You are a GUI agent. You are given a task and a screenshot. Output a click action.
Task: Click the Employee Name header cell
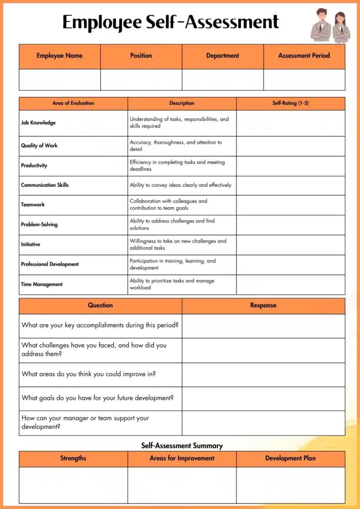pyautogui.click(x=60, y=56)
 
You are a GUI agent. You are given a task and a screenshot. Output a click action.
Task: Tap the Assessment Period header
pyautogui.click(x=304, y=56)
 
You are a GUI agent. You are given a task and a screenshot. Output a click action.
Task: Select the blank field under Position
pyautogui.click(x=141, y=80)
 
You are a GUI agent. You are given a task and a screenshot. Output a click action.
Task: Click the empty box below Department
pyautogui.click(x=223, y=80)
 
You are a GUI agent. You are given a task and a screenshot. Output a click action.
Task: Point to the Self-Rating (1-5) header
pyautogui.click(x=290, y=103)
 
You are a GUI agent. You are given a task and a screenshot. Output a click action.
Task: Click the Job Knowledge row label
pyautogui.click(x=38, y=123)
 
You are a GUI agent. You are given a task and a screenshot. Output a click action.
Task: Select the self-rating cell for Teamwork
pyautogui.click(x=290, y=205)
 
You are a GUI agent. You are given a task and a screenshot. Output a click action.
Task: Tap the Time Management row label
pyautogui.click(x=42, y=284)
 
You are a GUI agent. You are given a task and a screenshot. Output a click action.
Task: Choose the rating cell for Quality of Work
pyautogui.click(x=290, y=146)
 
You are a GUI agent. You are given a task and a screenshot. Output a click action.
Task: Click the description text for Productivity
pyautogui.click(x=177, y=166)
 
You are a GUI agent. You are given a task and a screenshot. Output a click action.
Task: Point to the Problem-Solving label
pyautogui.click(x=39, y=225)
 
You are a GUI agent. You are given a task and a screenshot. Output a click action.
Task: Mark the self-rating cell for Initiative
pyautogui.click(x=290, y=245)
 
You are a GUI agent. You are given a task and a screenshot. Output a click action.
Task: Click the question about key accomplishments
pyautogui.click(x=100, y=326)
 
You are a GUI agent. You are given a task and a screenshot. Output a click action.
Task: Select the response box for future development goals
pyautogui.click(x=263, y=398)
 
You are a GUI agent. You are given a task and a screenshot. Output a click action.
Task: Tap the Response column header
pyautogui.click(x=263, y=305)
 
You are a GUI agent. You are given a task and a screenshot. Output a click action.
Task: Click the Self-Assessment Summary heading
pyautogui.click(x=182, y=446)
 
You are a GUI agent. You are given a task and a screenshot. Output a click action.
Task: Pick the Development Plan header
pyautogui.click(x=290, y=458)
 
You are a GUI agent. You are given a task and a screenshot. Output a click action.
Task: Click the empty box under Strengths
pyautogui.click(x=73, y=485)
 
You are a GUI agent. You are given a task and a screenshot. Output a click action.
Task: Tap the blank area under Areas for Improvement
pyautogui.click(x=182, y=485)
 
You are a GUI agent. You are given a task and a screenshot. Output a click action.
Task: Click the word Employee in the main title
pyautogui.click(x=102, y=22)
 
